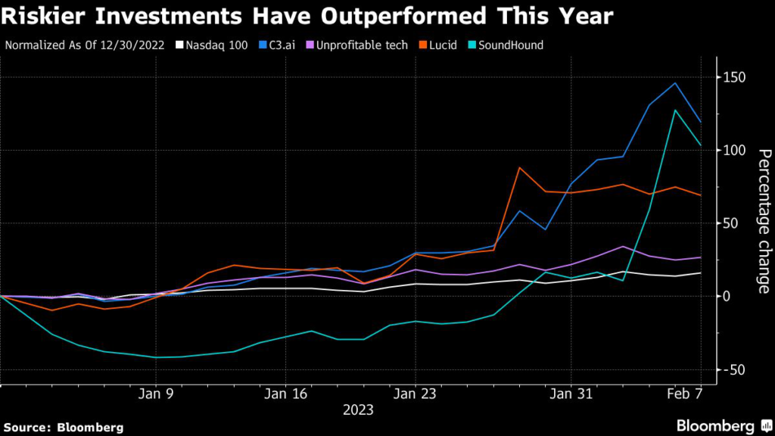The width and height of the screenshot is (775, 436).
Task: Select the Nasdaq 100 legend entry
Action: pos(210,45)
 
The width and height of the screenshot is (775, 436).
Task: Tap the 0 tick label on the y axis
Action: pos(728,296)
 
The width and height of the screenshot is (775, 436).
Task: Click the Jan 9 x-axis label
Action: pos(156,394)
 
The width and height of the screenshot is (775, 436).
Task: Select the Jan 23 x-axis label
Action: pos(416,394)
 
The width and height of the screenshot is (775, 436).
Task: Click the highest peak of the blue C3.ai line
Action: pos(674,83)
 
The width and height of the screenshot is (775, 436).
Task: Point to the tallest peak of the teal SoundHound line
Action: pos(674,110)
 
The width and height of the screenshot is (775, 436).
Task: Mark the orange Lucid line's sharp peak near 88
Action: pos(519,167)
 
